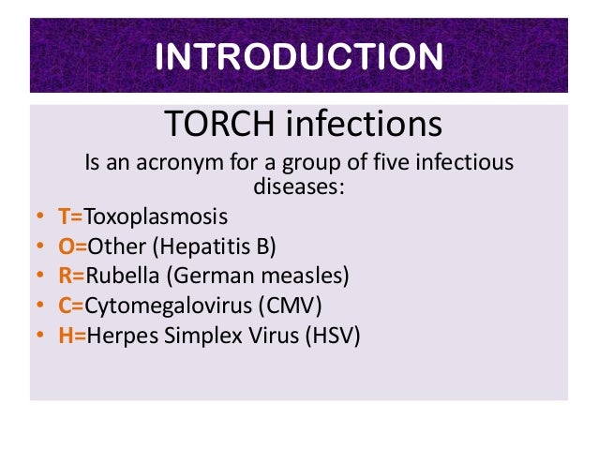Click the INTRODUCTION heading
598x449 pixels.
coord(298,56)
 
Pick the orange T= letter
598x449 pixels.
coord(70,217)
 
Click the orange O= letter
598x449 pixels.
coord(71,247)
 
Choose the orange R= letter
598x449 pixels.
coord(71,276)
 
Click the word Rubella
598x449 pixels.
coord(118,276)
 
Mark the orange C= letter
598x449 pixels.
coord(70,305)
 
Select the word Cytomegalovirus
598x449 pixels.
coord(170,305)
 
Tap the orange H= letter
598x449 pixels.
coord(71,334)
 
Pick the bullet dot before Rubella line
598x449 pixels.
coord(40,277)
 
